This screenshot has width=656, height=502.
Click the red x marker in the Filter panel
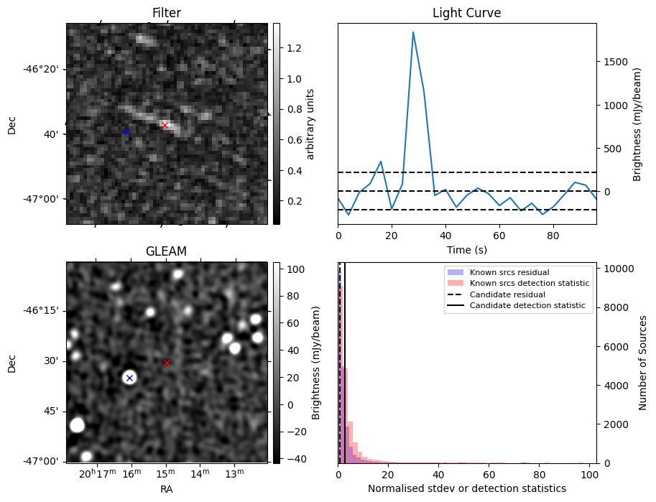pos(165,125)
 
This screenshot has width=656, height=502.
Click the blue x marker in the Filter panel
pos(126,131)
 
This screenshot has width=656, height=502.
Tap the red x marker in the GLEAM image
pos(167,363)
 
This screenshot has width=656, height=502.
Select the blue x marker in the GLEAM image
pos(129,378)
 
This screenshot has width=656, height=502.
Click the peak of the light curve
pos(413,32)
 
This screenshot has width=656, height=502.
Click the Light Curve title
pos(466,13)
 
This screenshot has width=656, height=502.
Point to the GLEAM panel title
pos(166,251)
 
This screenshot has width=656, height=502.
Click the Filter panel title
pos(166,13)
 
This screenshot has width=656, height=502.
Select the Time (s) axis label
pos(466,248)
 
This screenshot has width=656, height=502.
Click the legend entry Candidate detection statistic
pos(527,306)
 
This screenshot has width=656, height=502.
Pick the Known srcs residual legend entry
pos(509,272)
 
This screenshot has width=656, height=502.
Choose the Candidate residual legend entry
pos(507,294)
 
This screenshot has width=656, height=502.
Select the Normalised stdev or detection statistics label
pos(466,488)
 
